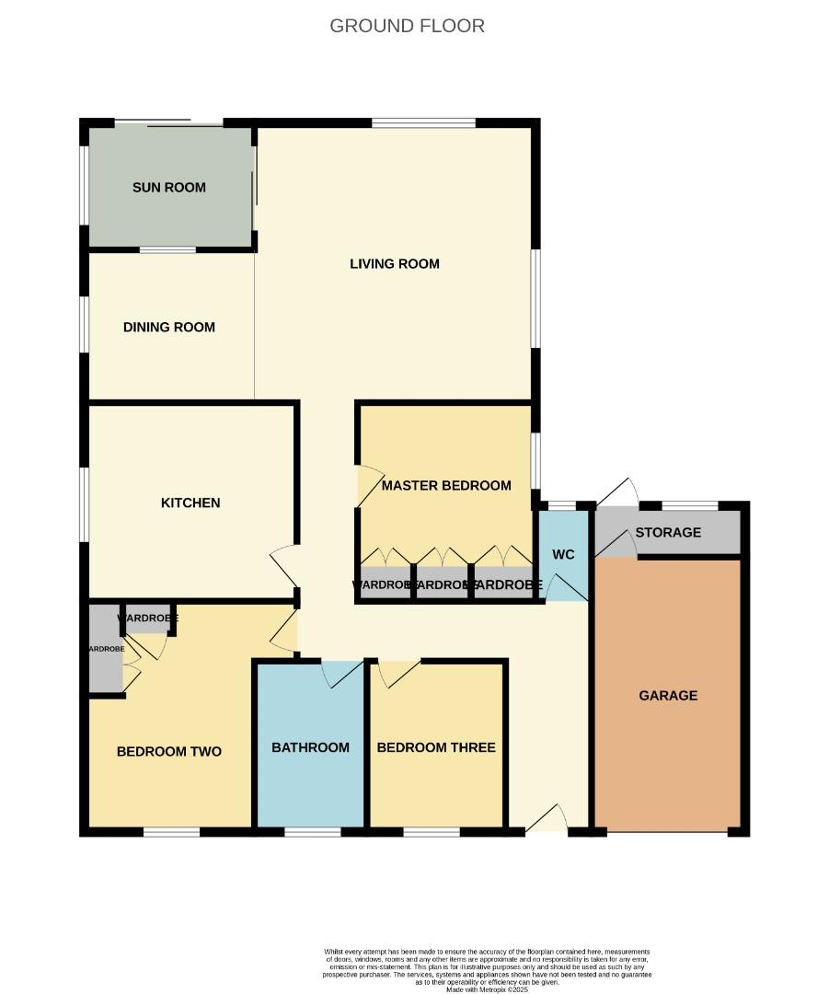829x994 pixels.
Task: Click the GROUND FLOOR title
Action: (x=407, y=26)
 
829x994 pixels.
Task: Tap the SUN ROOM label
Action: (x=169, y=188)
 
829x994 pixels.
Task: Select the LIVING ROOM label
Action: (x=395, y=264)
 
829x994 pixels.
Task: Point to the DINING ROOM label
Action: (x=169, y=327)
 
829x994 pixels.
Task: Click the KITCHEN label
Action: (x=190, y=503)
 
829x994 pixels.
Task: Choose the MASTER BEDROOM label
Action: (x=446, y=485)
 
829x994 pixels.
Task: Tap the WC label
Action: (x=563, y=555)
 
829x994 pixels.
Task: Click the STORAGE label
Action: (x=668, y=533)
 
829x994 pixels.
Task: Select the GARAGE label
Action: (x=668, y=696)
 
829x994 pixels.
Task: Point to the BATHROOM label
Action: (x=310, y=747)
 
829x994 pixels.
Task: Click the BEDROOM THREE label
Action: (x=436, y=747)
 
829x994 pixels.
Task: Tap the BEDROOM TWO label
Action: (x=169, y=752)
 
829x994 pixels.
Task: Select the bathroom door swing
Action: (x=341, y=674)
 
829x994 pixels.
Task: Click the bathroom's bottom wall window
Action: (x=313, y=832)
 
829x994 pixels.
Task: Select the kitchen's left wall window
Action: (x=85, y=504)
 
